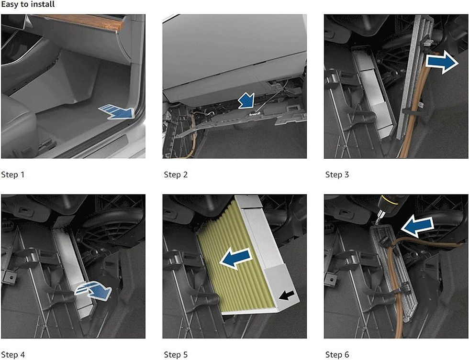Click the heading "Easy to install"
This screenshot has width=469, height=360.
coord(28,4)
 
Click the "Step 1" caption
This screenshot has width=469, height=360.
coord(12,175)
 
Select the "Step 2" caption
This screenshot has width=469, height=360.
coord(176,175)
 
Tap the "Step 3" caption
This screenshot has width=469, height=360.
coord(337,175)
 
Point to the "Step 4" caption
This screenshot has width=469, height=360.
coord(13,355)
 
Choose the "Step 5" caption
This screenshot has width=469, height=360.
coord(176,355)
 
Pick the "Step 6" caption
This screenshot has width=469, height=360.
coord(337,355)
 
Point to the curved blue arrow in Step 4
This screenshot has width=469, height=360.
coord(93,290)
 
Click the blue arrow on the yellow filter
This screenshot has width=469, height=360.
coord(236,258)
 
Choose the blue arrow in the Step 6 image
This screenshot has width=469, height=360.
coord(417,228)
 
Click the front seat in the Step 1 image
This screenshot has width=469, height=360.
coord(18,125)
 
